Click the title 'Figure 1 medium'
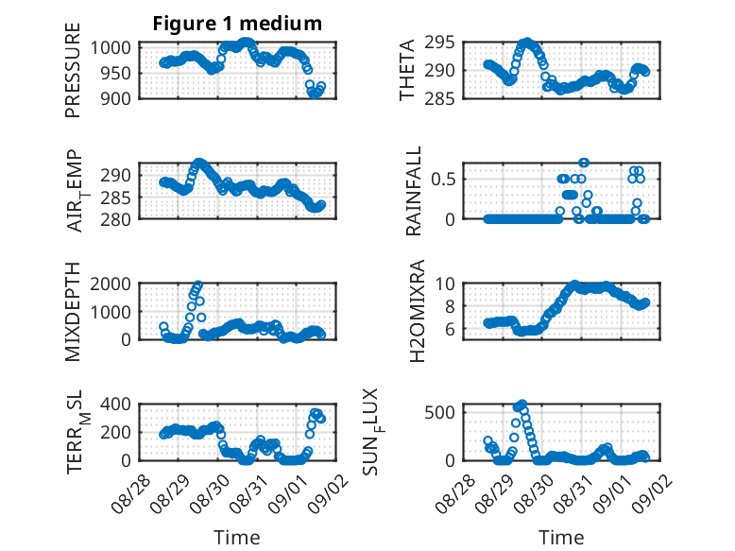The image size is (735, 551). (237, 24)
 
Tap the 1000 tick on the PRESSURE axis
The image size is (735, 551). (111, 47)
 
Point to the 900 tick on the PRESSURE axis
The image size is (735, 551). (115, 98)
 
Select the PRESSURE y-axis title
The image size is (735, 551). (73, 70)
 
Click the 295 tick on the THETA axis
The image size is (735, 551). (439, 43)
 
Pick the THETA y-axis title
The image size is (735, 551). (407, 70)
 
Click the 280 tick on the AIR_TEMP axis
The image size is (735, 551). (115, 219)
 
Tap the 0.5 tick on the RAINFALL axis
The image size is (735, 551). (443, 180)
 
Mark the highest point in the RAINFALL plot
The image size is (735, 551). (584, 163)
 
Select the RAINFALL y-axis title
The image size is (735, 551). (414, 191)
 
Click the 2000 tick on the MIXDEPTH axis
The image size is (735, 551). (111, 284)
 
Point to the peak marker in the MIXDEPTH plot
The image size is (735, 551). (198, 284)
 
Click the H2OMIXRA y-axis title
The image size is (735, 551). (417, 311)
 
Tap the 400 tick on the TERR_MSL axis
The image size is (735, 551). (115, 404)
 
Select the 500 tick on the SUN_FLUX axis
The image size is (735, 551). (439, 413)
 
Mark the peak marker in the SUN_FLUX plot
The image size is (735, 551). (522, 404)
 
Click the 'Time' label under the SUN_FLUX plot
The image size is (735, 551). (561, 538)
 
